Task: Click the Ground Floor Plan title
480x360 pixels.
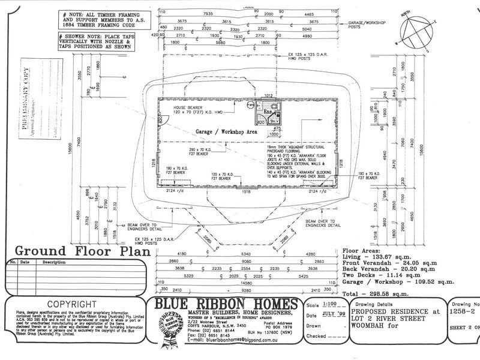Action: (x=73, y=251)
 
